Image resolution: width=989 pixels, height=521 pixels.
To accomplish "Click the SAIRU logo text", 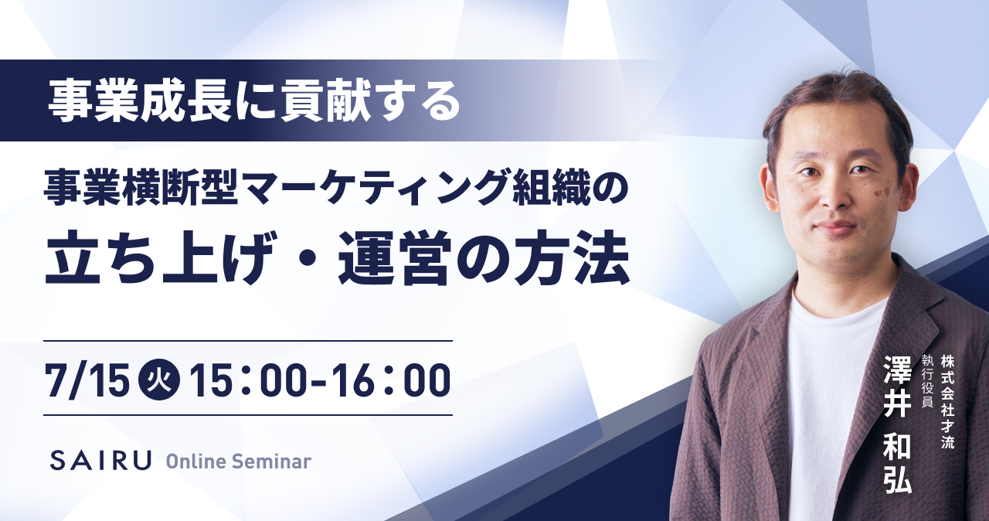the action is tap(100, 460).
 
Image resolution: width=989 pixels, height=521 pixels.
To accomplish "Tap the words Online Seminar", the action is tap(239, 461).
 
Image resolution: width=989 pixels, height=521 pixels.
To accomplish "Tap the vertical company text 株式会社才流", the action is tap(947, 402).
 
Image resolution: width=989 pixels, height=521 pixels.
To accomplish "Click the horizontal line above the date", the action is tap(248, 341).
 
